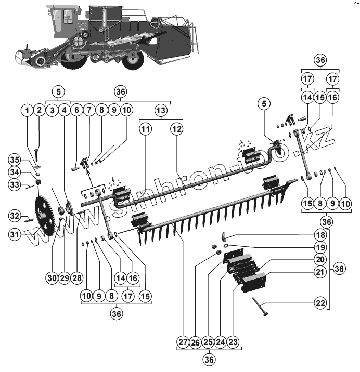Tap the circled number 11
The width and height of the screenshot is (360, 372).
[x=145, y=128]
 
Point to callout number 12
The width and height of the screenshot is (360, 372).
[x=177, y=128]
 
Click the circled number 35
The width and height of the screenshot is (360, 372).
[x=14, y=160]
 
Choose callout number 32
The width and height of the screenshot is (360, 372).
[x=14, y=215]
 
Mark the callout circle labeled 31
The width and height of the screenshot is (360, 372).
[x=14, y=235]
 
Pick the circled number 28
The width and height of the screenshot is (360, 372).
[x=78, y=278]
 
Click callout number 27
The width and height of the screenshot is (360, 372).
[x=182, y=342]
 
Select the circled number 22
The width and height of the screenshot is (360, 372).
[x=320, y=302]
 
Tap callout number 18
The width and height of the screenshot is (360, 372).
[x=320, y=235]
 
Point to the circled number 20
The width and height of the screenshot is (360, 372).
[x=320, y=259]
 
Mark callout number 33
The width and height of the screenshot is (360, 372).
[x=14, y=184]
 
